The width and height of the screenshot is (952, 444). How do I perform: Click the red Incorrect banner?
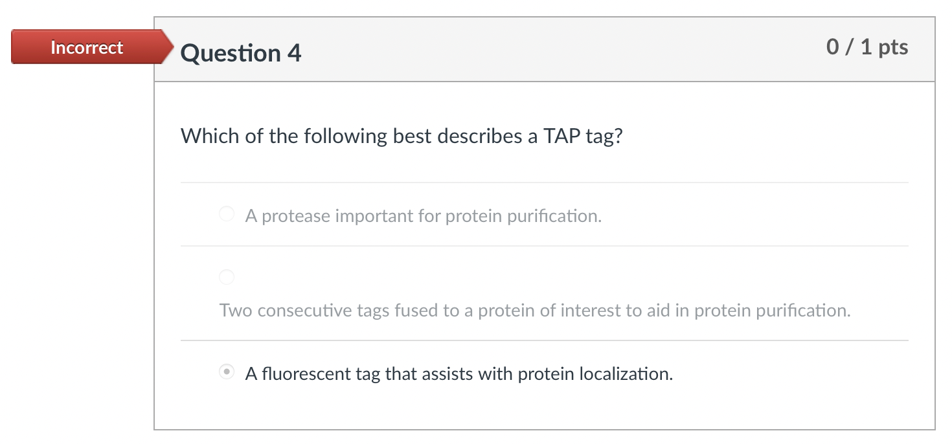click(87, 47)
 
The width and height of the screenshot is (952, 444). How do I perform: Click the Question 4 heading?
click(241, 52)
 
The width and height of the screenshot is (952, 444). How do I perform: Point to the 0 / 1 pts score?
click(867, 47)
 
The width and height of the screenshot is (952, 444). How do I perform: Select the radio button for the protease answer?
click(227, 214)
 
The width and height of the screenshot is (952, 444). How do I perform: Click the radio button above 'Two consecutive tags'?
click(227, 277)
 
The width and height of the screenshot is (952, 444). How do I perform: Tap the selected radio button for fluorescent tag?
click(227, 372)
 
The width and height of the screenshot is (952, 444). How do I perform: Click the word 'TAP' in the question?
click(563, 136)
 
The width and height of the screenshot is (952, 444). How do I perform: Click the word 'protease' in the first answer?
click(295, 216)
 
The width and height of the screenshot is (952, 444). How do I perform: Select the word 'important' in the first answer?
click(375, 216)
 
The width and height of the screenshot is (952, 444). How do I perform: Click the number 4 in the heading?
click(294, 52)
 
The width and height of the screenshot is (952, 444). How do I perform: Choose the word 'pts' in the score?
click(893, 47)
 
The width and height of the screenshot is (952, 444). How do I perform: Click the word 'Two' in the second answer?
click(236, 311)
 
